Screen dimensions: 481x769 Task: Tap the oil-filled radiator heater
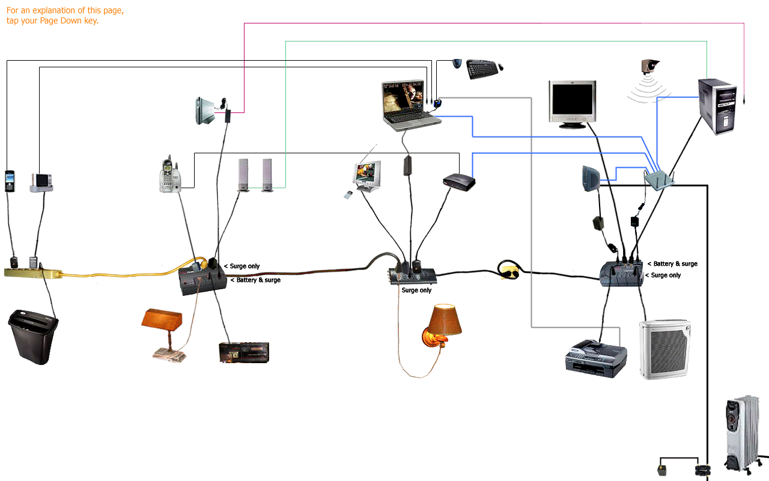(744, 433)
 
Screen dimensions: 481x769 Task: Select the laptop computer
(410, 105)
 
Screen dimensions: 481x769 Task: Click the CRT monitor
(572, 104)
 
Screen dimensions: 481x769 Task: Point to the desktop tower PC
(717, 106)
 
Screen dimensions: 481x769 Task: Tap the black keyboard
(482, 69)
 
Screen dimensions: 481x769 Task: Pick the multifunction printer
(595, 358)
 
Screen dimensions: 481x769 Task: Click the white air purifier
(664, 349)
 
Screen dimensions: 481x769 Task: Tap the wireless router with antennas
(659, 179)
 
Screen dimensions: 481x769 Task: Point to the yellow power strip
(33, 273)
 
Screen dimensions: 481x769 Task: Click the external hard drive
(204, 111)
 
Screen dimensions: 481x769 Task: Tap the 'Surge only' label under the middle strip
(416, 290)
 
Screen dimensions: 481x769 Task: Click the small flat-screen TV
(367, 176)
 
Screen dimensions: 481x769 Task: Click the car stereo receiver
(243, 352)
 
